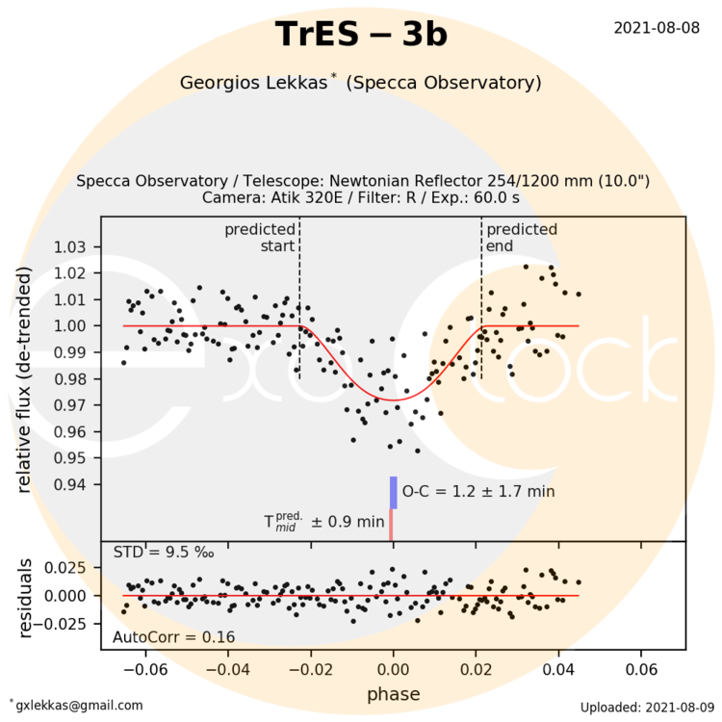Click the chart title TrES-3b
(361, 35)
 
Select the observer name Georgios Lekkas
(254, 83)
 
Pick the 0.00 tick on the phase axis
(393, 669)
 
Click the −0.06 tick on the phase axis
(141, 669)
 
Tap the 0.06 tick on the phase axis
(642, 669)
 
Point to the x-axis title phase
(393, 693)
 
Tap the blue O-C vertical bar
(393, 492)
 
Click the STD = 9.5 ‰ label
(151, 553)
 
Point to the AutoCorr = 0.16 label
(161, 637)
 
